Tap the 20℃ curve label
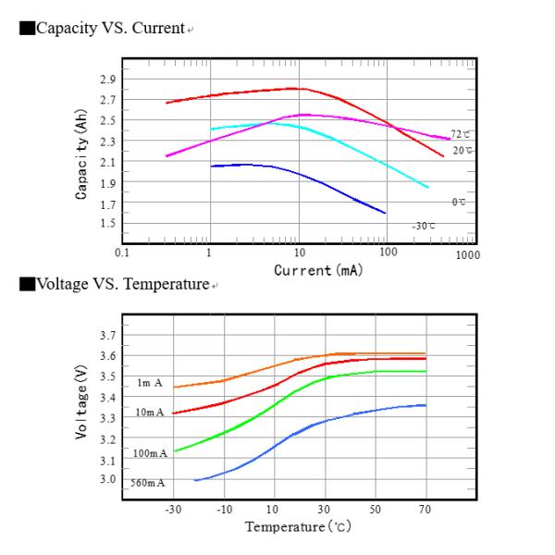462,150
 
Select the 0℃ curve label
458,203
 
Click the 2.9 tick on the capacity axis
107,79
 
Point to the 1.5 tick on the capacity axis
107,224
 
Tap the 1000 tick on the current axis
467,253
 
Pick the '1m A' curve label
150,382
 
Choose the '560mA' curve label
149,483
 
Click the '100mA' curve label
151,453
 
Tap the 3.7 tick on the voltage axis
107,335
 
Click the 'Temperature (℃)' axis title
298,527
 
